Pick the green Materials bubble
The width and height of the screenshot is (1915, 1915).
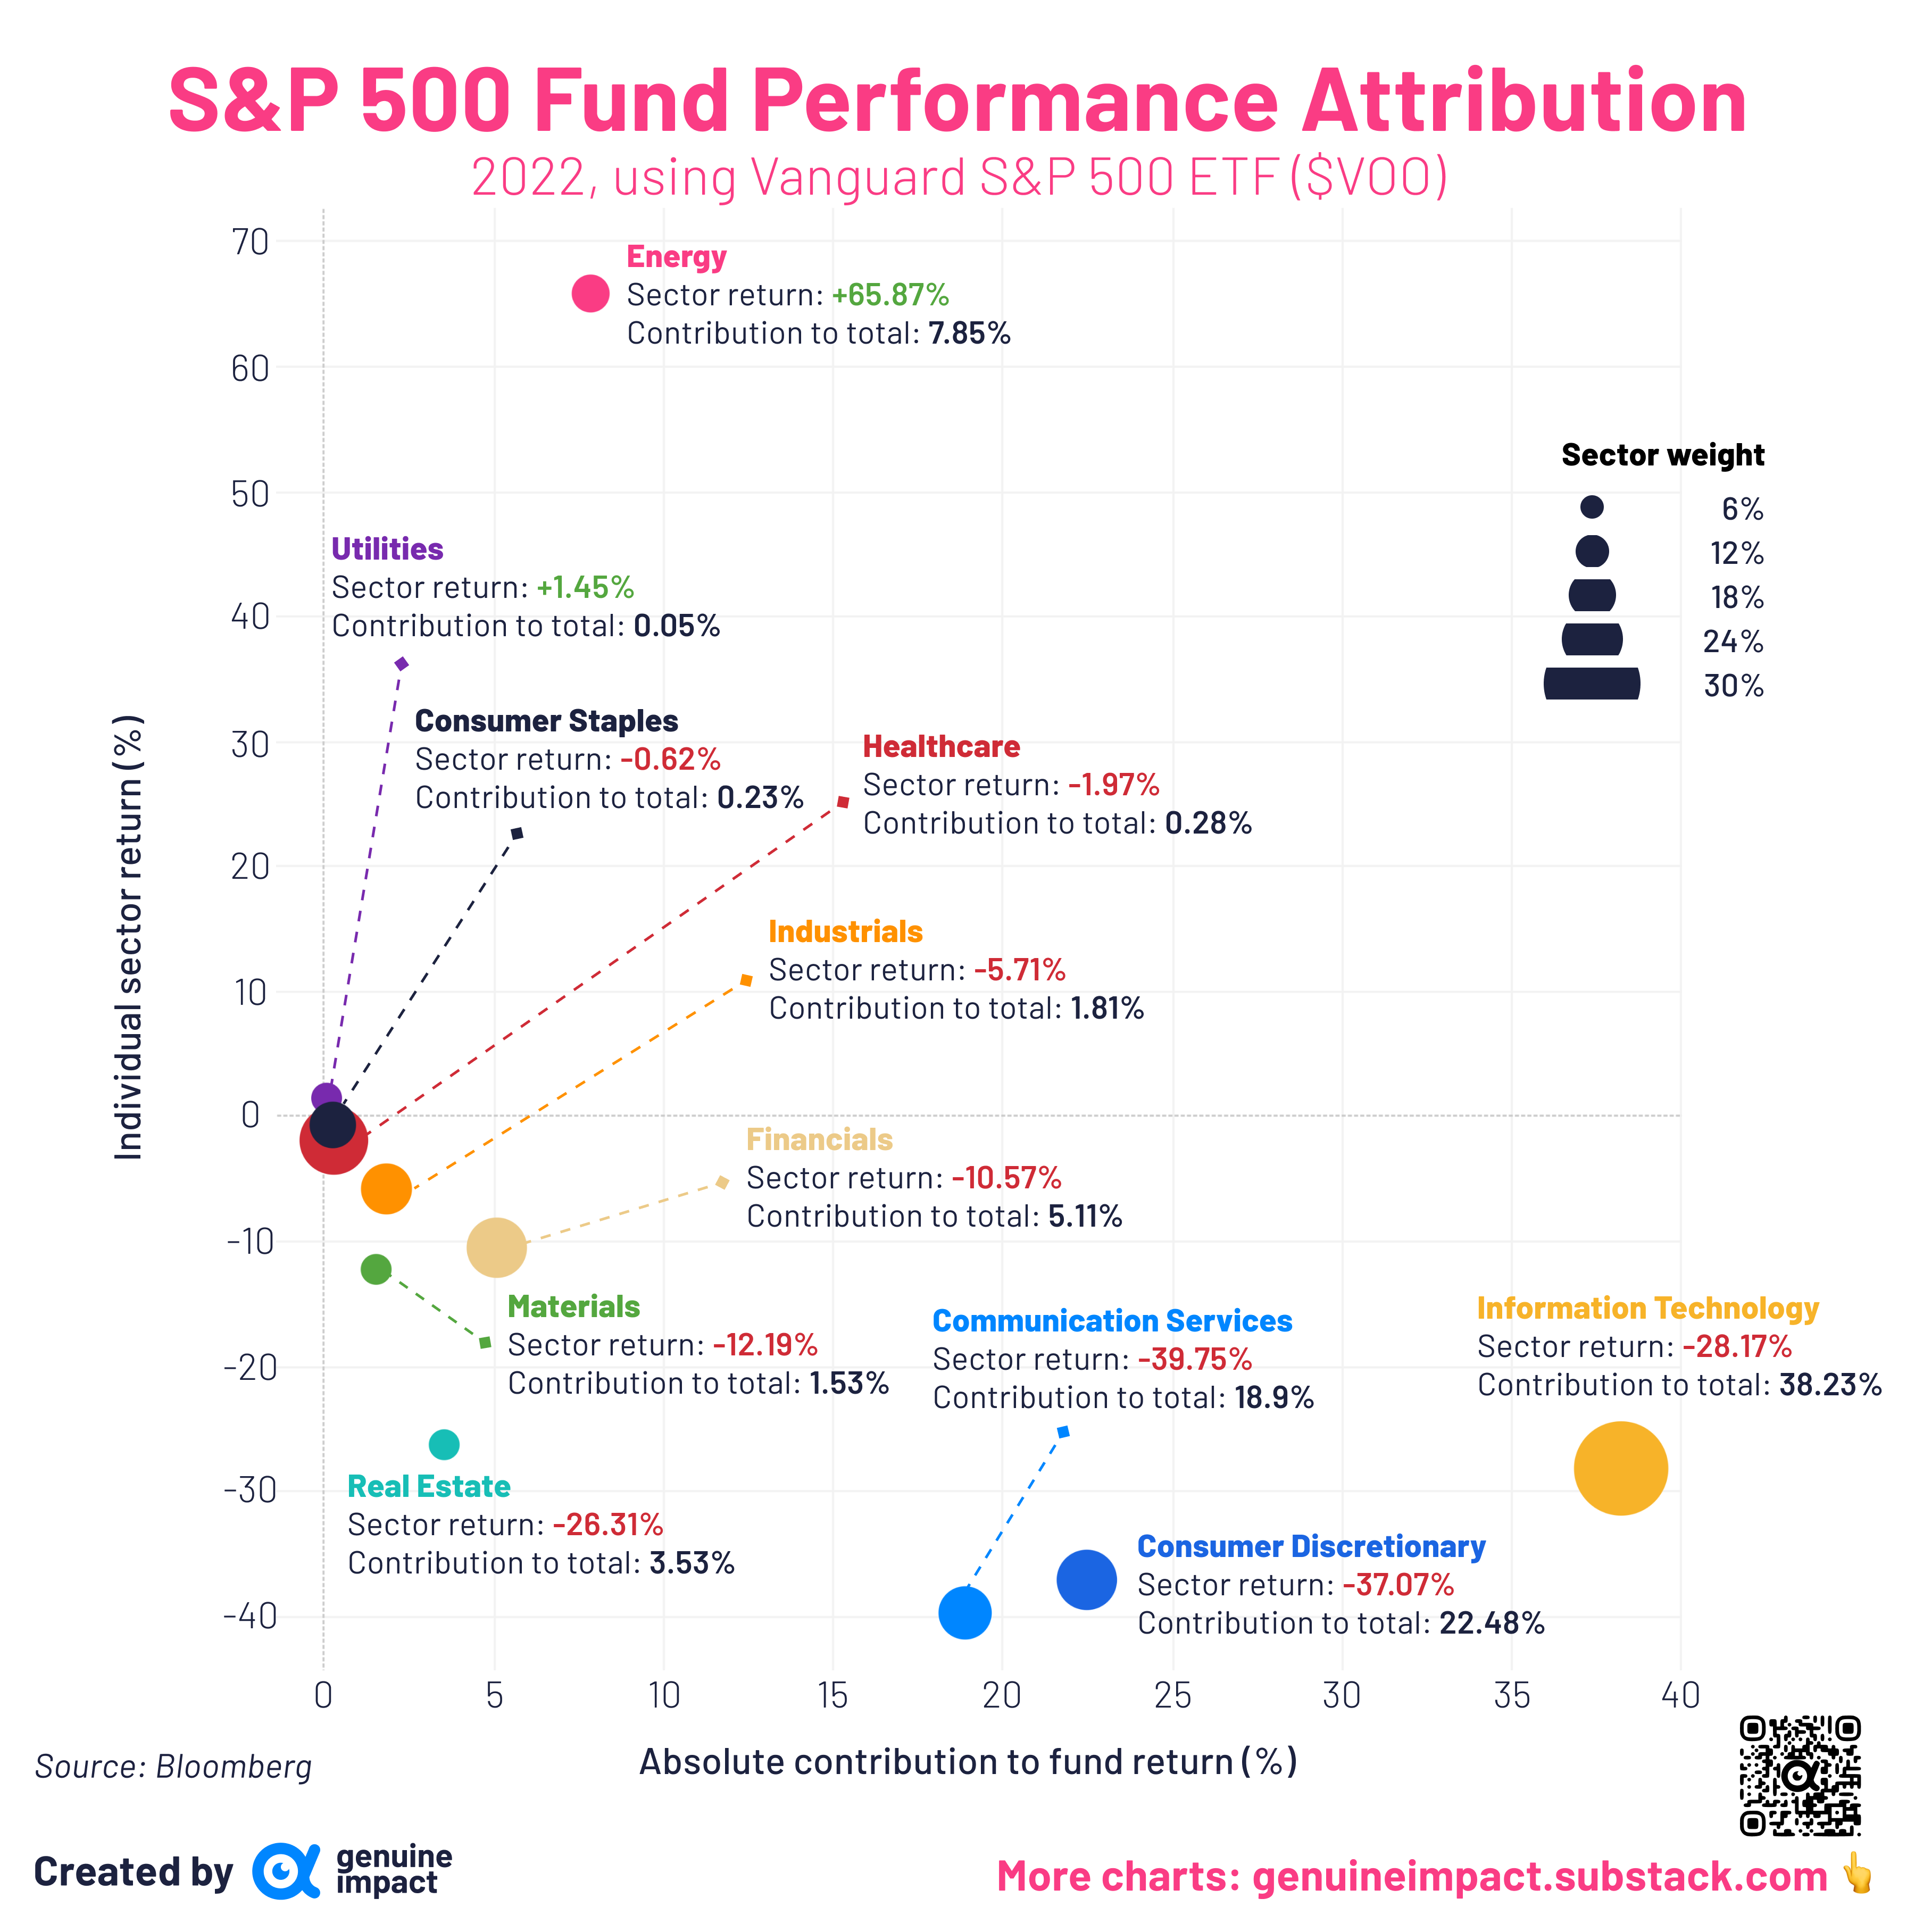coord(376,1269)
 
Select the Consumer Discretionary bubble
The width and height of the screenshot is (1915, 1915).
coord(1086,1579)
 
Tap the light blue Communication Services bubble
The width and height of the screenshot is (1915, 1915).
coord(964,1613)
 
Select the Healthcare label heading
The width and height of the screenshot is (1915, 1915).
coord(940,746)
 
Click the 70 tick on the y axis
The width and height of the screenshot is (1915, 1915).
coord(250,242)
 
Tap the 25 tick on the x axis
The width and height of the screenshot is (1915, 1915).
coord(1172,1696)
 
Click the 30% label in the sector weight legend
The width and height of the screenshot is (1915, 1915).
coord(1734,686)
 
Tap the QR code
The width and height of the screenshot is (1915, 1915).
coord(1800,1775)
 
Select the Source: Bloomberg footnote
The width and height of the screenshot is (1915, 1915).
coord(173,1766)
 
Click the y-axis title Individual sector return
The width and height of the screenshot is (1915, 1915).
coord(129,937)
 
